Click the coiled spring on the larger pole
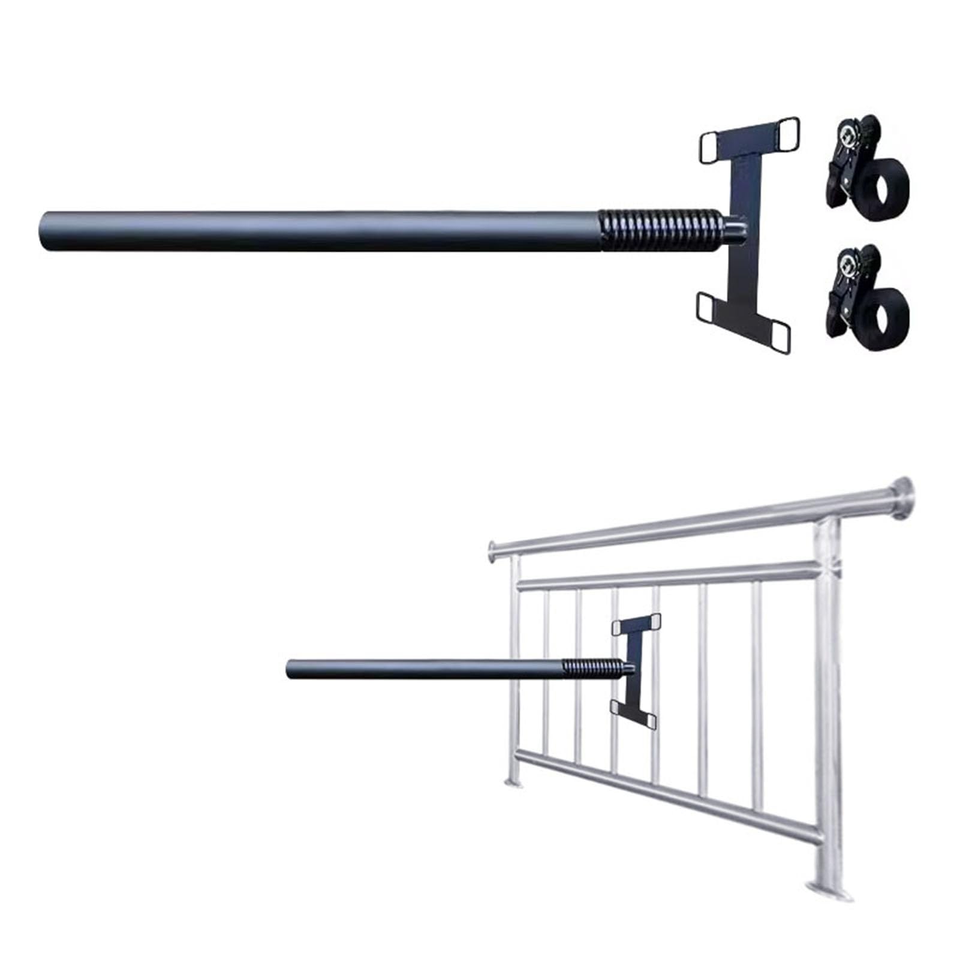coord(660,231)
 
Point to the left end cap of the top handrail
coord(492,550)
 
